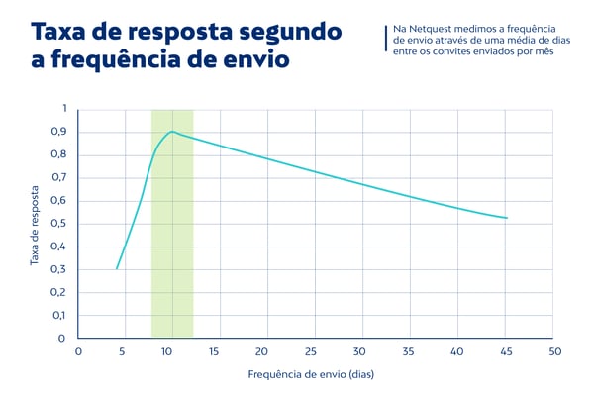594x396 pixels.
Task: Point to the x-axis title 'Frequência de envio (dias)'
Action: tap(313, 375)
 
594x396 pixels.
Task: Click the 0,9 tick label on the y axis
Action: tap(58, 132)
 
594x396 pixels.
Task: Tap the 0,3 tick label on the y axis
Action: tap(58, 269)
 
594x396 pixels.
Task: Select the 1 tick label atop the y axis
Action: tap(64, 108)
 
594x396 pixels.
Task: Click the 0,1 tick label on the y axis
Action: tap(58, 315)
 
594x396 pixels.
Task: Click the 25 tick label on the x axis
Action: tap(313, 351)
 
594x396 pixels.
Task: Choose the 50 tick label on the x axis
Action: tap(555, 351)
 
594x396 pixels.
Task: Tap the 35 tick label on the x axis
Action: tap(410, 351)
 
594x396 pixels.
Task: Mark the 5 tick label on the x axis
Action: tap(120, 351)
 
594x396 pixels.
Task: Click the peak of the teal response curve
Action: tap(172, 131)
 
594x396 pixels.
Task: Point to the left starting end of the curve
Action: tap(117, 268)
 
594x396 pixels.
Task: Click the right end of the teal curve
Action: tap(507, 218)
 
